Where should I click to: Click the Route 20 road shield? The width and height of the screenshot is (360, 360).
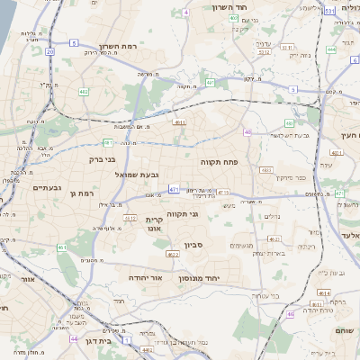[49, 52]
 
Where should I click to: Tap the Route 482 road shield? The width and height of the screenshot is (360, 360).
[85, 91]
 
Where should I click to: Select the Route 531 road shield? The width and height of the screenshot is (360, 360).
[330, 11]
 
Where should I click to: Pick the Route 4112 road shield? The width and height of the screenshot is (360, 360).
[130, 218]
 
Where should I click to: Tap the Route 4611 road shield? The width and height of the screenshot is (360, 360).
[180, 122]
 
